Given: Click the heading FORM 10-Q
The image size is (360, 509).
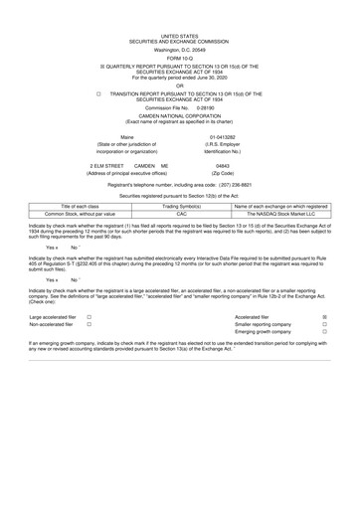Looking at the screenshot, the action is [x=179, y=30].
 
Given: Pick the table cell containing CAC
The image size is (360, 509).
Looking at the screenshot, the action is [x=181, y=213].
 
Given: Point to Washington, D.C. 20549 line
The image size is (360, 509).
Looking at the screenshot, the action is [x=179, y=21].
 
